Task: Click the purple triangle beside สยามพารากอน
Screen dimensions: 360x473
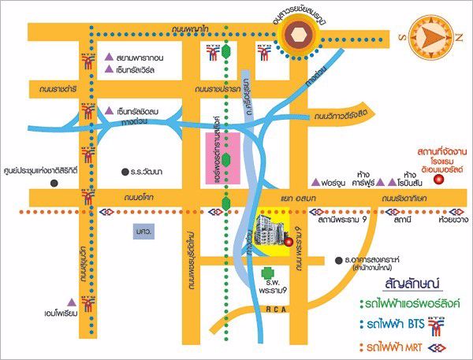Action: click(110, 58)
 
